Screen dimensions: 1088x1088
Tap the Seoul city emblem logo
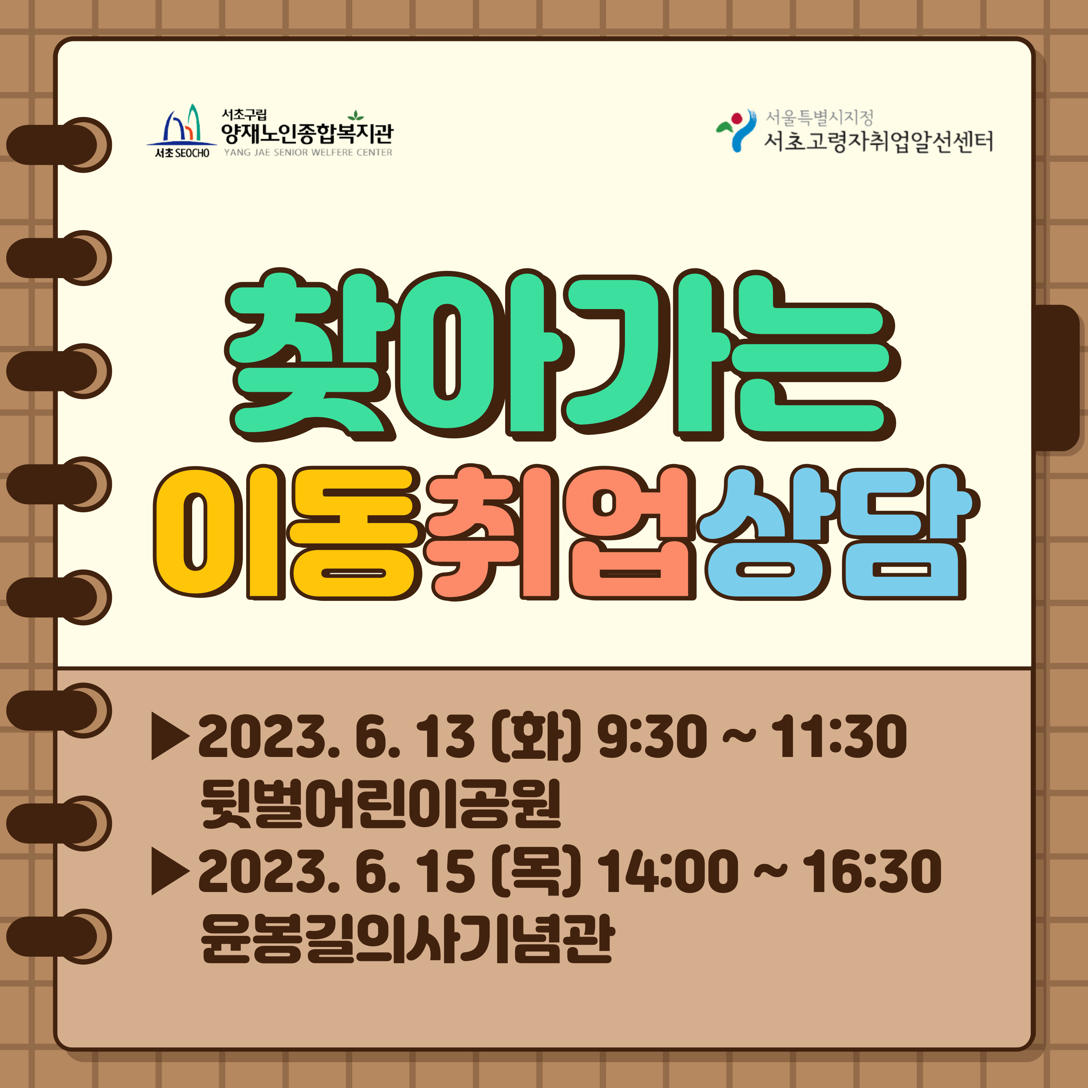735,131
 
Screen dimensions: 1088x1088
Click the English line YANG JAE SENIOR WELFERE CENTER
308,153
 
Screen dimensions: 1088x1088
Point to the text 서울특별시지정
819,118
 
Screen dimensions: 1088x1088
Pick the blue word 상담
839,532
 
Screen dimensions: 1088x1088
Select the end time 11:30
839,736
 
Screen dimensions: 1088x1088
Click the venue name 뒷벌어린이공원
381,804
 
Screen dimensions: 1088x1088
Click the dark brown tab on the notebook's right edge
1056,377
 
